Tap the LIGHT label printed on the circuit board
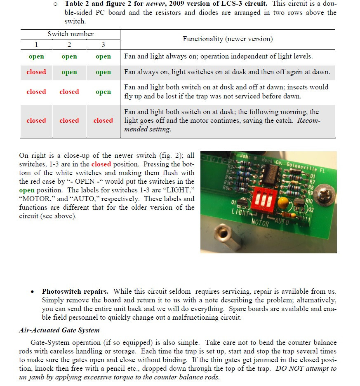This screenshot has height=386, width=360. pos(240,212)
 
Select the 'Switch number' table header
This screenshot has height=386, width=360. pos(71,34)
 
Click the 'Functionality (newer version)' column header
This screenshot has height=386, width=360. pos(228,39)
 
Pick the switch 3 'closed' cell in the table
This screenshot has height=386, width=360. pos(103,121)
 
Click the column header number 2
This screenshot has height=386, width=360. pos(69,44)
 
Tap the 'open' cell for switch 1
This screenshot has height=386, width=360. pos(36,57)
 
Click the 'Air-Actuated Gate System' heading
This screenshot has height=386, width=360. pos(59,330)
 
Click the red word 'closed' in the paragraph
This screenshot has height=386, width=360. pos(101,164)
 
